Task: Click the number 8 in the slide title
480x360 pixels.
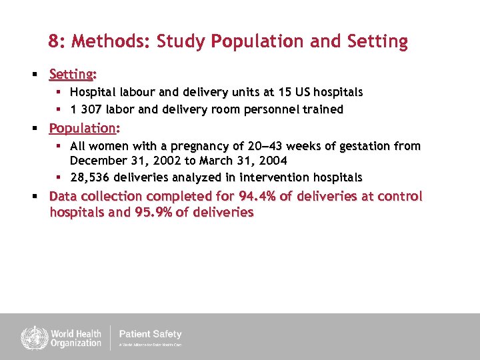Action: [x=53, y=42]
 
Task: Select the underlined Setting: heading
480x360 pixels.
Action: [x=73, y=74]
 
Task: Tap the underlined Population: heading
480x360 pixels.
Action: [x=84, y=128]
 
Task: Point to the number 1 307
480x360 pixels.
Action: [x=87, y=109]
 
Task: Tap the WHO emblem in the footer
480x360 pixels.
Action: [x=31, y=337]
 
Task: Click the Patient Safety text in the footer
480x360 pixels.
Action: [x=150, y=334]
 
